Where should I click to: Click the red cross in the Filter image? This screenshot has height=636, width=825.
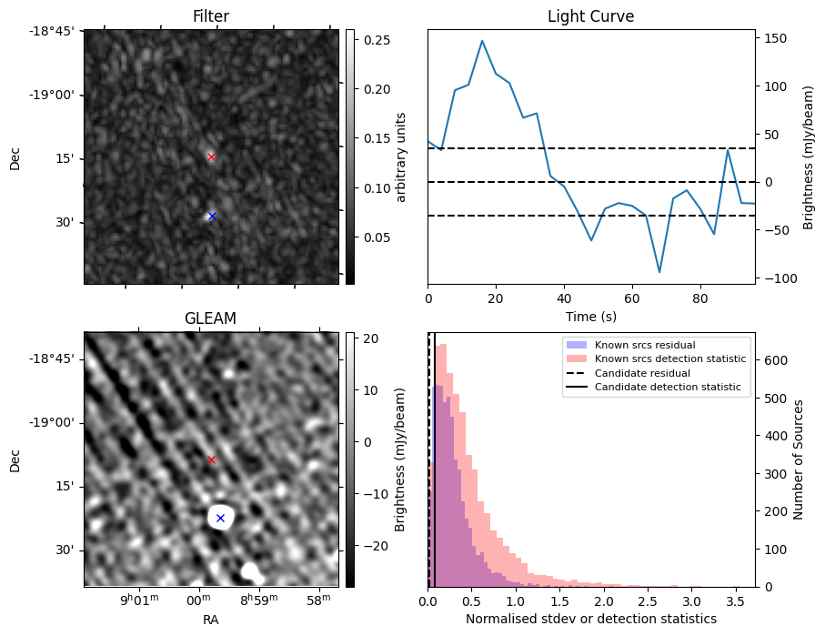211,156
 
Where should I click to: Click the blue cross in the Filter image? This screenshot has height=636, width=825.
212,216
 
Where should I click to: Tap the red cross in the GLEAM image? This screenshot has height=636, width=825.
211,459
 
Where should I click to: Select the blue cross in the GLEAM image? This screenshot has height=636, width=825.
220,518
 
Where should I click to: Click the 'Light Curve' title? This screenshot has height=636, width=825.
590,16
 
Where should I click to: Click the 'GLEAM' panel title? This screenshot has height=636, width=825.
210,318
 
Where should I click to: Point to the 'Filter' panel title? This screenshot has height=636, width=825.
211,16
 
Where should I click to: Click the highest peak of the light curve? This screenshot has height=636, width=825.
482,41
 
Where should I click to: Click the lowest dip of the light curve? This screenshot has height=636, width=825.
659,272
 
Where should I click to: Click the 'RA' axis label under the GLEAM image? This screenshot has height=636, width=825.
211,620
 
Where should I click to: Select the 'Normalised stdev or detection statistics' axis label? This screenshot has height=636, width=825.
590,619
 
